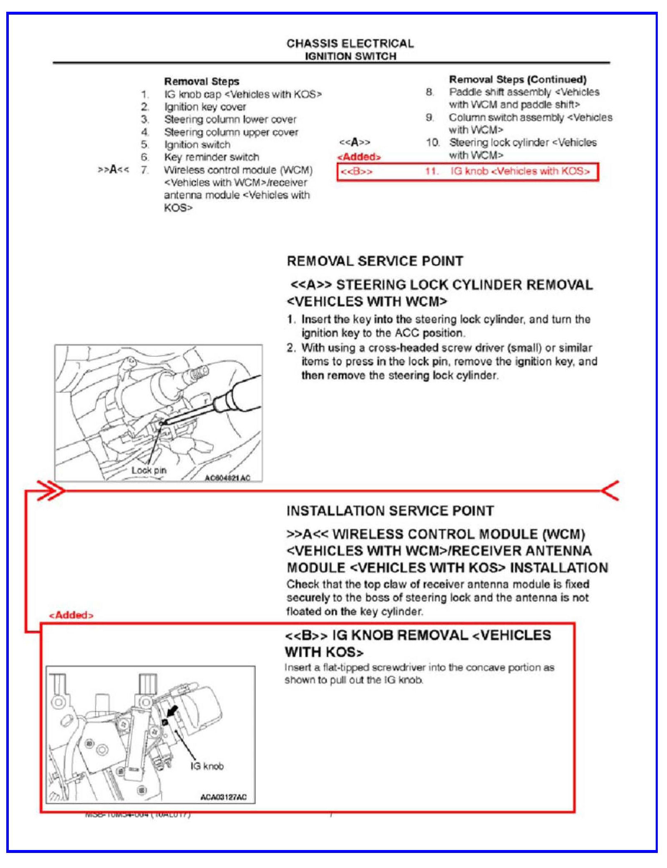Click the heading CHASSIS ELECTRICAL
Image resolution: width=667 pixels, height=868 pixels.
click(350, 44)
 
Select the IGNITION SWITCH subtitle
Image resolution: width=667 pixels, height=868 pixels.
click(350, 56)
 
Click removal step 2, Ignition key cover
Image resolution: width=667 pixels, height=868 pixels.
click(205, 107)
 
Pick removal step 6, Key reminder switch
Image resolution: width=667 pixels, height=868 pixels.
click(211, 157)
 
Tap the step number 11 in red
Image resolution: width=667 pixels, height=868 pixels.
click(432, 171)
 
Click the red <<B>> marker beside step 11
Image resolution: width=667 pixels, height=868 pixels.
click(356, 172)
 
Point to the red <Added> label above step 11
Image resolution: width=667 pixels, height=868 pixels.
click(359, 157)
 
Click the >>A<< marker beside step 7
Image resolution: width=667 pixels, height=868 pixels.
click(113, 170)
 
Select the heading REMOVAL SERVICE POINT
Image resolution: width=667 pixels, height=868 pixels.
click(375, 261)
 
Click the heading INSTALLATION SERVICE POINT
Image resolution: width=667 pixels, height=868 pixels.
click(390, 511)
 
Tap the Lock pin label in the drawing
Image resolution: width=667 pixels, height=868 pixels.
click(149, 470)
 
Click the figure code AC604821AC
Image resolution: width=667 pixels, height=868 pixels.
click(227, 478)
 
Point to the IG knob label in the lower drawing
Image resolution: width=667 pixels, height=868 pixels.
click(207, 766)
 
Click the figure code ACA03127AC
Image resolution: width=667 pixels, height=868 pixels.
click(223, 797)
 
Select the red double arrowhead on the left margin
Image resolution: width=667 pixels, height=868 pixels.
click(51, 490)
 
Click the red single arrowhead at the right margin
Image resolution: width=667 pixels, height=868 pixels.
click(610, 490)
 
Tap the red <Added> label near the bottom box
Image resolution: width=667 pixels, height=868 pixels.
click(71, 615)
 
